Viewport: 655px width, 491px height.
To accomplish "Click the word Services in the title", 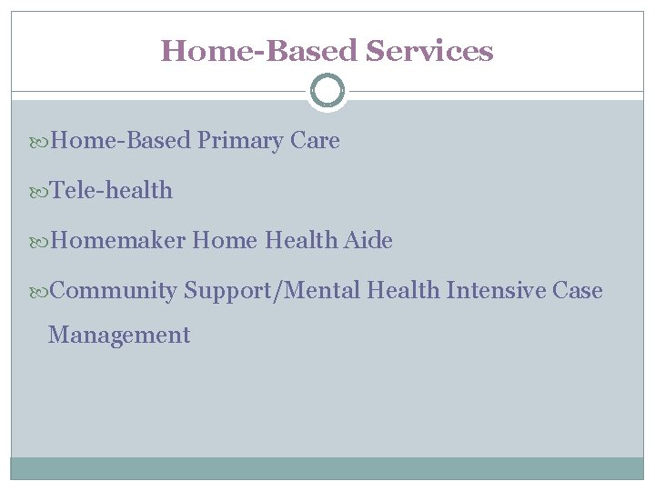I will pos(429,51).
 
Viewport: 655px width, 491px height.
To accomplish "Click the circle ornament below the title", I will pos(327,91).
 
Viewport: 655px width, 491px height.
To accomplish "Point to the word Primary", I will pos(241,141).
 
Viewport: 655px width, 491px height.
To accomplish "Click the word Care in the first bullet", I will pos(316,141).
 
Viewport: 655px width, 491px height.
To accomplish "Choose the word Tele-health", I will pos(111,191).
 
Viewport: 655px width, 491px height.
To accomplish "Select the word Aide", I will pos(368,241).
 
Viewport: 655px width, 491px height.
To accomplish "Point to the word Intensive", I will pos(491,291).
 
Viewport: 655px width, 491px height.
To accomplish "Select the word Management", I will pos(119,336).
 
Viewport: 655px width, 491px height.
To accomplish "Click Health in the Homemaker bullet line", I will pos(301,241).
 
